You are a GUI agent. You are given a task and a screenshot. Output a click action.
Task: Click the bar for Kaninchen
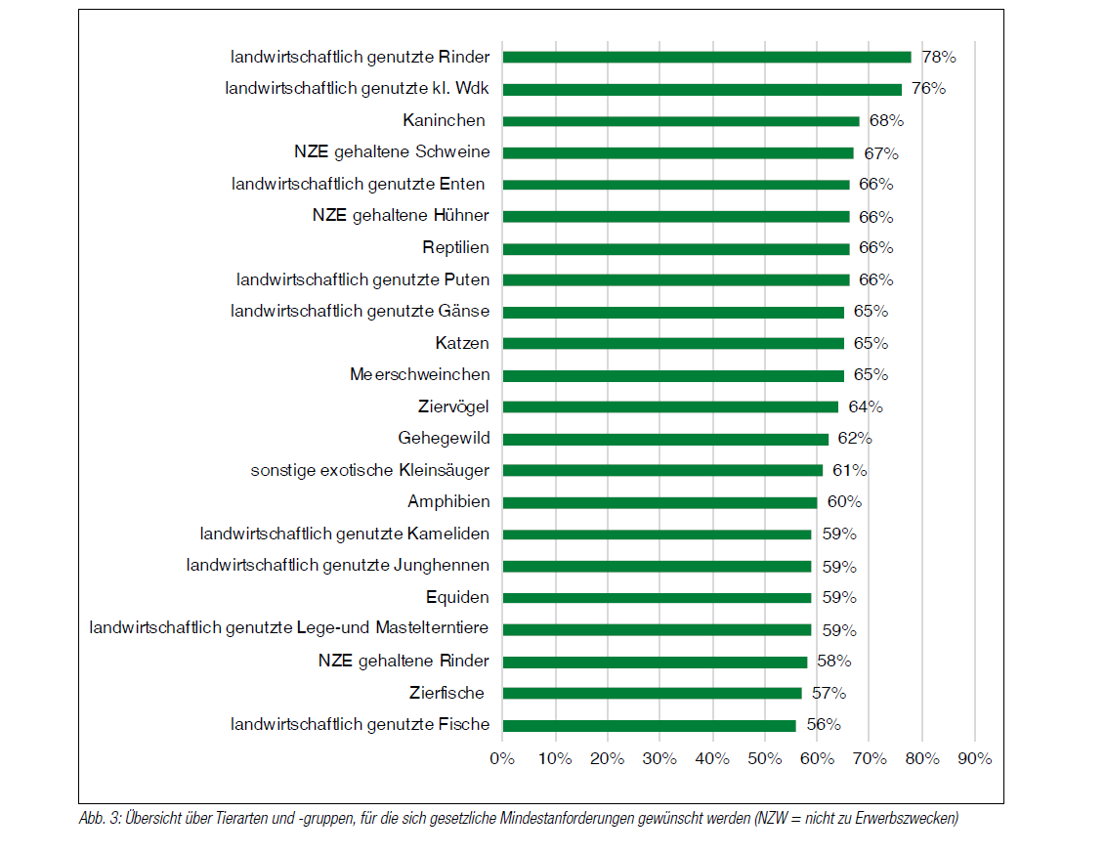coord(680,121)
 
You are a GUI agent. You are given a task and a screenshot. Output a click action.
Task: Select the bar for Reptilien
coord(675,248)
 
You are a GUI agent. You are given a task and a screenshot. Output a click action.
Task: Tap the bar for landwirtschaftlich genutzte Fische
coord(649,725)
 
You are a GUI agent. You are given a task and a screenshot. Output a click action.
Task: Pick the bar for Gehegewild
coord(664,439)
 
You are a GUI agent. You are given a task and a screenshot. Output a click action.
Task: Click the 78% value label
coord(939,57)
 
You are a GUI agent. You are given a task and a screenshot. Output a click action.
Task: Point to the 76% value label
coord(928,89)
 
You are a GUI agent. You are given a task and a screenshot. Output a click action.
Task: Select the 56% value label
coord(824,725)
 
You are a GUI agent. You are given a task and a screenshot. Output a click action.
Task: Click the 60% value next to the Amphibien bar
coord(845,502)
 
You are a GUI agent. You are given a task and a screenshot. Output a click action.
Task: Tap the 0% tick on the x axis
coord(501,759)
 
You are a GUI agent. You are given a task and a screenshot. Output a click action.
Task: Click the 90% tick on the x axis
coord(975,759)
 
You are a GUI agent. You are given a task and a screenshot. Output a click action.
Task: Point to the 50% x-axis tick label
coord(764,759)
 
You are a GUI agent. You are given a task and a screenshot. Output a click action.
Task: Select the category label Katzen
coord(462,343)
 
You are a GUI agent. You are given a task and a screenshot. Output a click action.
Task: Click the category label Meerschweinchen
coord(420,375)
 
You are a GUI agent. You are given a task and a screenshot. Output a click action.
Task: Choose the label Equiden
coord(457,597)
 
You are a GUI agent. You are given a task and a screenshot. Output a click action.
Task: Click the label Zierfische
coord(447,693)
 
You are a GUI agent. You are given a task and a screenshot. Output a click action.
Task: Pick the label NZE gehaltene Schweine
coord(392,152)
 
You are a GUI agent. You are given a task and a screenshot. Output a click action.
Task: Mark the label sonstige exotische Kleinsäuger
coord(370,470)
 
